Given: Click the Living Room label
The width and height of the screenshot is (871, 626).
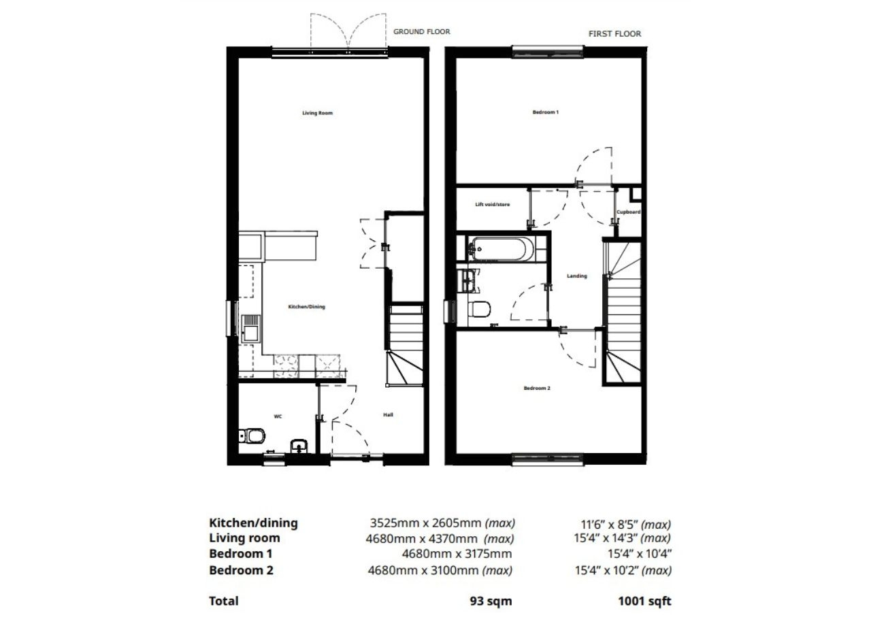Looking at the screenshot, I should click(317, 113).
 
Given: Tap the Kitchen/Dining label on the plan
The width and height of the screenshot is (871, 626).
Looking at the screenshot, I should click(306, 307).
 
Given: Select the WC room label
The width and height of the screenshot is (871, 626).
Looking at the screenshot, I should click(278, 415).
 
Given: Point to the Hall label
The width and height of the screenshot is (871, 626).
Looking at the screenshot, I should click(388, 414).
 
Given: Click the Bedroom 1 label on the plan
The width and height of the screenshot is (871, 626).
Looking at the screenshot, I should click(545, 112).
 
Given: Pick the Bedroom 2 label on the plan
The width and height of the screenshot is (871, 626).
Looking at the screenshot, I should click(536, 389).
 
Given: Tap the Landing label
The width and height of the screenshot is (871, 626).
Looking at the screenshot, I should click(576, 276).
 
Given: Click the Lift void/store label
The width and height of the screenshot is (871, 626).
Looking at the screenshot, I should click(493, 204).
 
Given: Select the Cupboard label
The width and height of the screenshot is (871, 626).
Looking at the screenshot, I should click(628, 212).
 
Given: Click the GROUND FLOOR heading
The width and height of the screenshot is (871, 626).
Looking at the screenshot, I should click(421, 31).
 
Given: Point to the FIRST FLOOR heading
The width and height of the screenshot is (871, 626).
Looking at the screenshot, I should click(614, 33).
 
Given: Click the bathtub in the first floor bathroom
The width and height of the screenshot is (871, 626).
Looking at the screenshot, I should click(500, 249).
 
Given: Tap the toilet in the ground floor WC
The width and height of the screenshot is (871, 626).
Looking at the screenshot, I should click(252, 435).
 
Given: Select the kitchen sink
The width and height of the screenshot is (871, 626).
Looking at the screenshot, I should click(250, 332).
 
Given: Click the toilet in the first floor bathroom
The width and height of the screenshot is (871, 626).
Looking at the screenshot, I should click(480, 310).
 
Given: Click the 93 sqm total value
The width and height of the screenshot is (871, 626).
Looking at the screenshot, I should click(490, 601).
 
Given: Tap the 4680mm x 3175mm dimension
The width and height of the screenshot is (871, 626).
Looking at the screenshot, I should click(457, 554).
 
